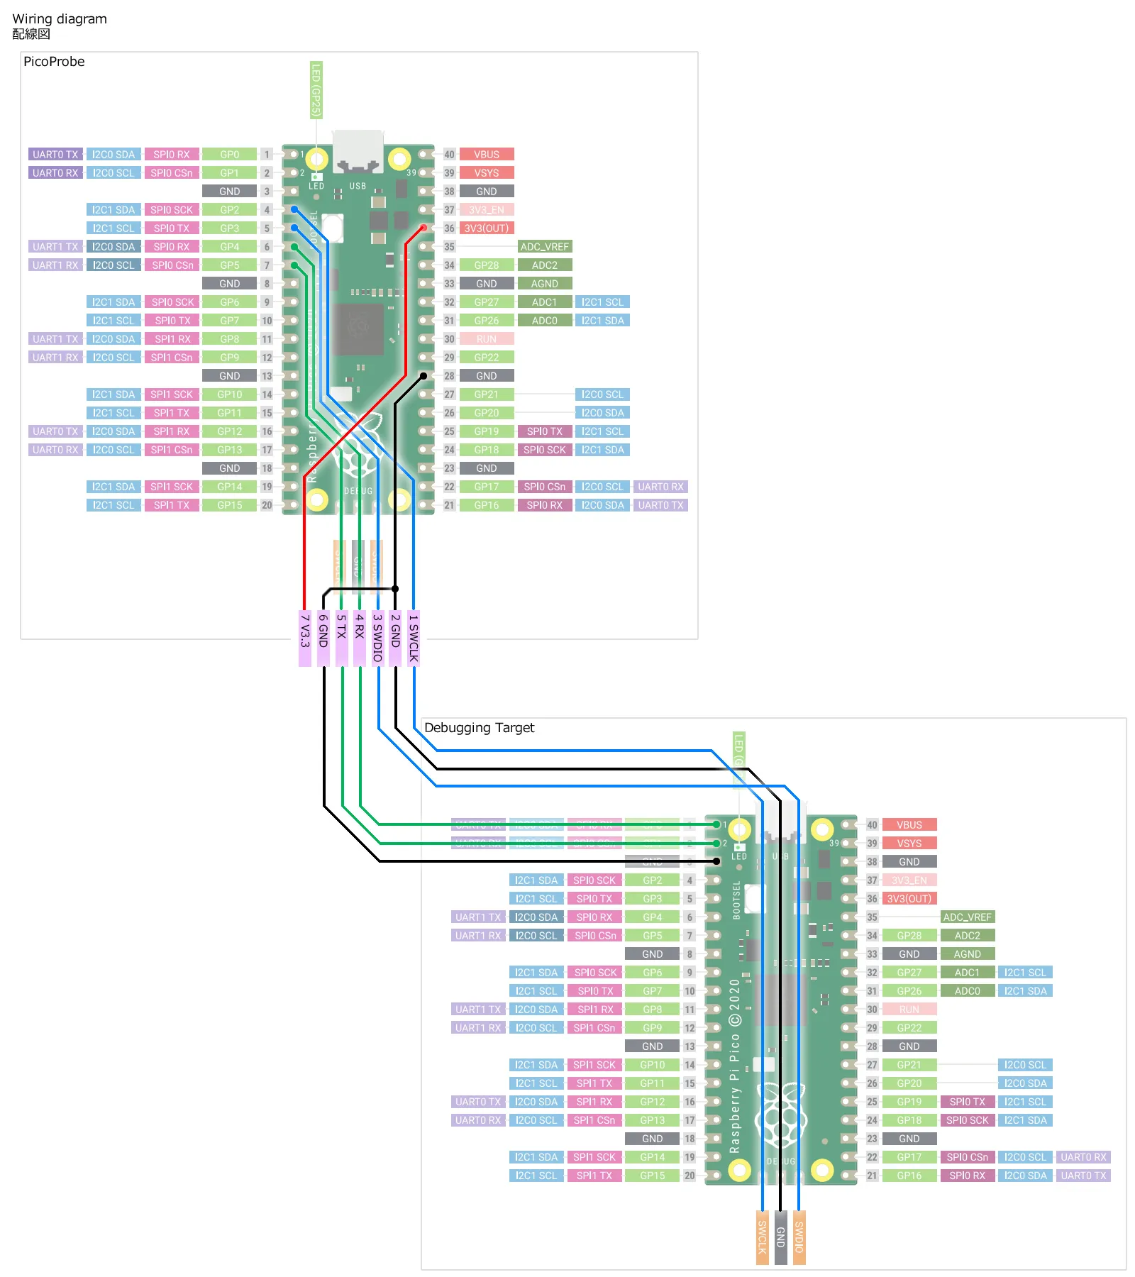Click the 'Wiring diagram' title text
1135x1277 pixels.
click(x=60, y=19)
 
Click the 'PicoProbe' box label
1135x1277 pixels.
click(x=54, y=62)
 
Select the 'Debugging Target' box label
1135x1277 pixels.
click(x=479, y=728)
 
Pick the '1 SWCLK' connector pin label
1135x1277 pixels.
click(x=414, y=638)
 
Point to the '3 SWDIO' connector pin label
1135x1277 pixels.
click(x=377, y=638)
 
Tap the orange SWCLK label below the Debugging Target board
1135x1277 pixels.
click(x=762, y=1237)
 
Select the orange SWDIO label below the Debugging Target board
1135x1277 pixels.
click(x=799, y=1237)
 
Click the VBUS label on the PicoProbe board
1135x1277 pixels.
click(x=487, y=155)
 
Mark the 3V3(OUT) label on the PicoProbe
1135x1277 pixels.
click(x=487, y=228)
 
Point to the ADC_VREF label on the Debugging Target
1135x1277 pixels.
click(x=967, y=917)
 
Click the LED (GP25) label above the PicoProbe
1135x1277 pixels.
click(x=316, y=90)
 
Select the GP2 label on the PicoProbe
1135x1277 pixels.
click(x=229, y=210)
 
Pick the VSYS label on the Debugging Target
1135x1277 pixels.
click(x=909, y=844)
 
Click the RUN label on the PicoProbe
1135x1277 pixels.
click(x=487, y=339)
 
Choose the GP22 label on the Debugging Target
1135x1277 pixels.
click(x=909, y=1028)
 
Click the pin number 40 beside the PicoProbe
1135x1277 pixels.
click(x=449, y=155)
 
